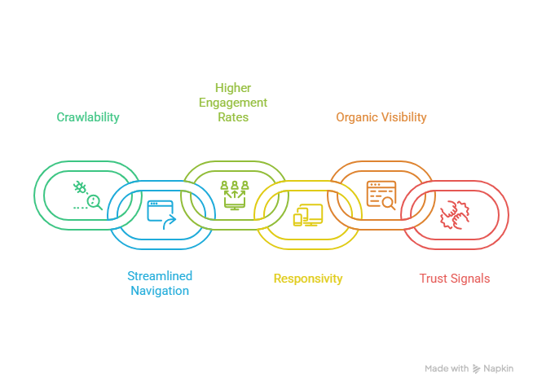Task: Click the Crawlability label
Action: [x=88, y=117]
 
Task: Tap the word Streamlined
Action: [x=160, y=276]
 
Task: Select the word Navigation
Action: [x=160, y=291]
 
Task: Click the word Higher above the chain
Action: [x=232, y=88]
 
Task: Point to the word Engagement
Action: [x=233, y=103]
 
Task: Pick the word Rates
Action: [x=233, y=117]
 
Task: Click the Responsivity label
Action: [x=308, y=279]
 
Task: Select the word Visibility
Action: [x=404, y=117]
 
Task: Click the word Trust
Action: [x=433, y=279]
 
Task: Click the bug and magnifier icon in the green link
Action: [x=86, y=196]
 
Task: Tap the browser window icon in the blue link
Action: [x=161, y=213]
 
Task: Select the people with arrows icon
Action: [x=233, y=194]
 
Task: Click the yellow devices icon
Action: [x=308, y=215]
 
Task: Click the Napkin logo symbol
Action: [x=477, y=369]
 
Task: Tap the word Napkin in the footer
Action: [x=499, y=369]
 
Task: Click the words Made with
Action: [x=447, y=369]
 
